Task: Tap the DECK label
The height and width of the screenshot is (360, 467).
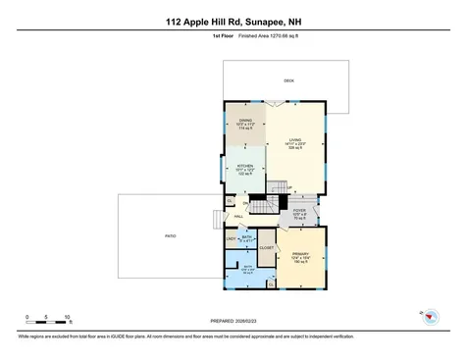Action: coord(288,80)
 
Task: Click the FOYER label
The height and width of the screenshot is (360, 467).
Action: coord(300,210)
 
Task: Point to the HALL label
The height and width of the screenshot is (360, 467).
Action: coord(238,218)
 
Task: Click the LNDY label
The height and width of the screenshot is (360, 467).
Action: coord(232,239)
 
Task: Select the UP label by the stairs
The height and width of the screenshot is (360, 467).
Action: coord(290,188)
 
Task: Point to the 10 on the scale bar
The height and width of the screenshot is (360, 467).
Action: coord(67,317)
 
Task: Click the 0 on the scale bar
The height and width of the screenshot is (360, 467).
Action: coord(27,317)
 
